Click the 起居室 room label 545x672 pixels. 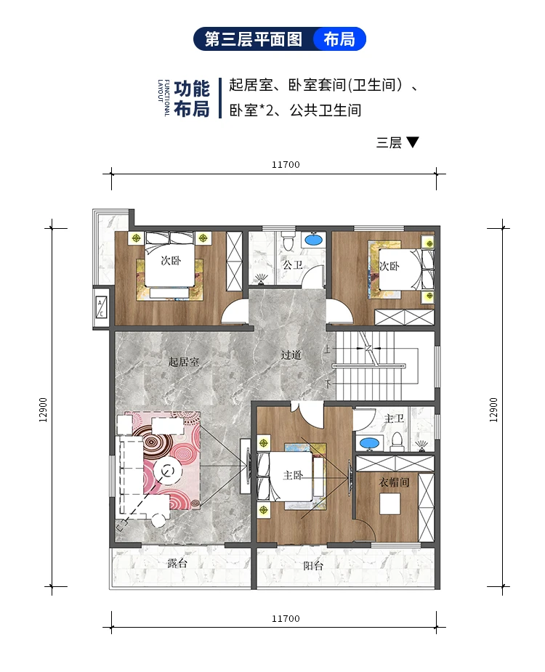coord(183,361)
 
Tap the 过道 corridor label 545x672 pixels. coord(291,355)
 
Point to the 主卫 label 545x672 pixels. coord(393,419)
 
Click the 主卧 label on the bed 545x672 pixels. coord(293,475)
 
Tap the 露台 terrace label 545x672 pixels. coord(177,563)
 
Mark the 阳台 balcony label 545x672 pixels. coord(313,565)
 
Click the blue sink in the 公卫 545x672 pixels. coord(314,239)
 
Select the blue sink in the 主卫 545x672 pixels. coord(369,442)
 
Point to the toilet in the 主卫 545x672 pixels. coord(397,441)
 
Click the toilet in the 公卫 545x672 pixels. coord(287,240)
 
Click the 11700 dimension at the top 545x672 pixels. coord(286,164)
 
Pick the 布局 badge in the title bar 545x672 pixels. coord(339,39)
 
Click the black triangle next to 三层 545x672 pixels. coord(413,142)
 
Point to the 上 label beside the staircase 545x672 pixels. coord(328,349)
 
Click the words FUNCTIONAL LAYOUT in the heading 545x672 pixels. coord(164,98)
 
